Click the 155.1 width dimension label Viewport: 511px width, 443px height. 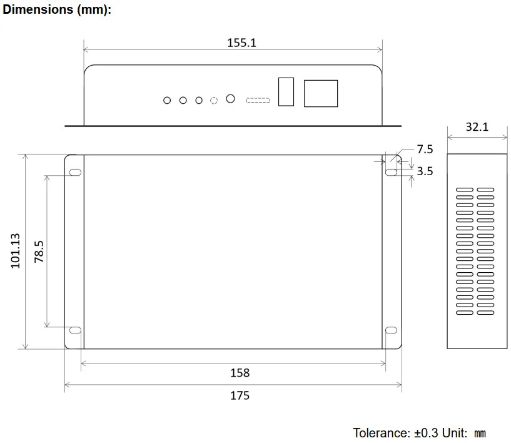click(x=241, y=43)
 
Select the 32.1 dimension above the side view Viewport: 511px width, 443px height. click(x=477, y=127)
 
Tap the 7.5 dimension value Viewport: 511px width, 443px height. click(x=425, y=149)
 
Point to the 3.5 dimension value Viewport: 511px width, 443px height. click(x=425, y=171)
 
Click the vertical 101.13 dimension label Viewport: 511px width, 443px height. click(x=16, y=251)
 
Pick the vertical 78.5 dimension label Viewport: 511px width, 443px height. click(x=39, y=251)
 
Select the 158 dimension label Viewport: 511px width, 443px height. click(x=240, y=373)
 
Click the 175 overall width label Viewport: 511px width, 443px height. click(x=240, y=395)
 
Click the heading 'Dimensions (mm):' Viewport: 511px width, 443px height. click(x=57, y=11)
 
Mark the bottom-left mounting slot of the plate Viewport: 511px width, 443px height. click(x=75, y=330)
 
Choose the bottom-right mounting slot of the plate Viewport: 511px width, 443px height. click(x=392, y=330)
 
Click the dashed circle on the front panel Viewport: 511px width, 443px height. click(x=214, y=100)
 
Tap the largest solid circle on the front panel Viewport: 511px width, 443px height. click(x=230, y=99)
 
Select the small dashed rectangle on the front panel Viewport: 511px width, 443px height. click(x=258, y=100)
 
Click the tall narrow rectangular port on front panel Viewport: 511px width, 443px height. click(x=286, y=91)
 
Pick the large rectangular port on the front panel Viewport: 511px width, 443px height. click(x=321, y=93)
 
